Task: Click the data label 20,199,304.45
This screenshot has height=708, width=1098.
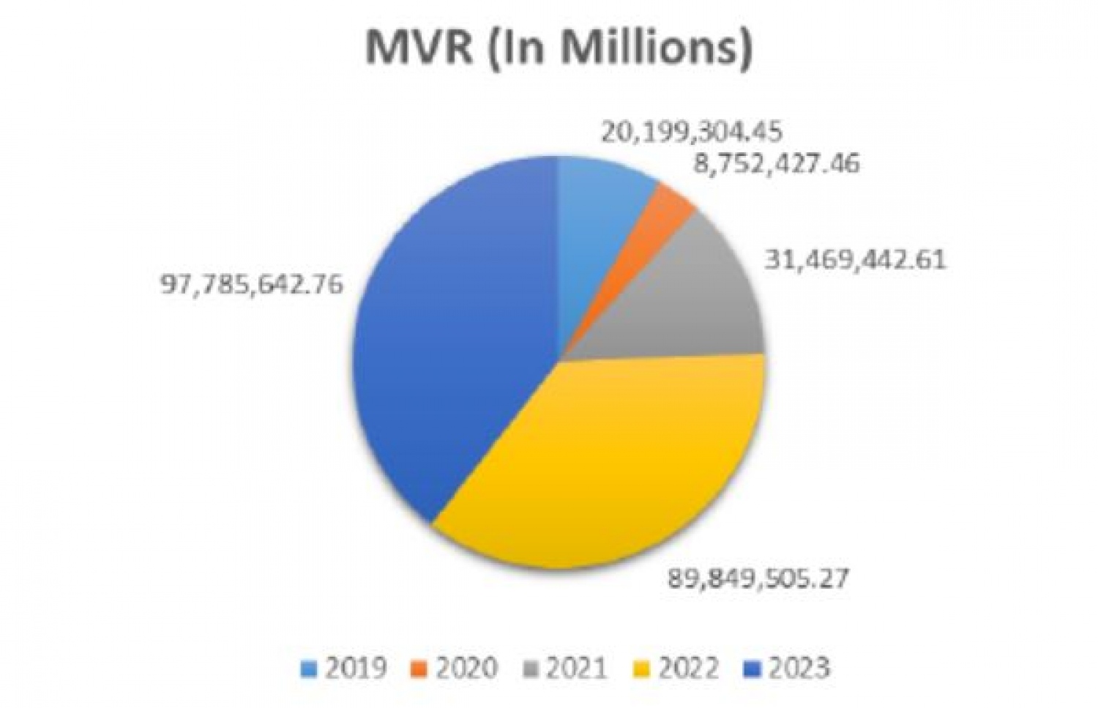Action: [x=692, y=132]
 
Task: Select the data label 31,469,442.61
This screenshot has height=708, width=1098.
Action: [x=855, y=259]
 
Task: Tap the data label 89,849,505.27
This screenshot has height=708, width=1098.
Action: [x=758, y=578]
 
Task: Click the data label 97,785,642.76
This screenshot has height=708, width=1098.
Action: [x=251, y=283]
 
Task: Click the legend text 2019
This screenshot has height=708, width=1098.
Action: [x=355, y=668]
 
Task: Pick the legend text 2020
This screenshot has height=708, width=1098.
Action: [x=466, y=668]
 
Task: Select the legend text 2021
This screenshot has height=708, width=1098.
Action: [x=576, y=668]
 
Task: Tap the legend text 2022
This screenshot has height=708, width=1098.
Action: [x=688, y=668]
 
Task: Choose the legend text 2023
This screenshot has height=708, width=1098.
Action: [x=799, y=668]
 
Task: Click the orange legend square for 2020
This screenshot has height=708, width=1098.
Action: [x=419, y=668]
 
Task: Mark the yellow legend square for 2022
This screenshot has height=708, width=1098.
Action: [x=641, y=668]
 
